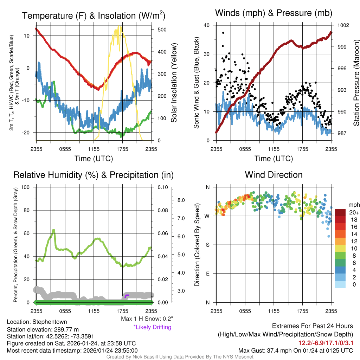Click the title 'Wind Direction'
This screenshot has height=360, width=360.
click(x=274, y=175)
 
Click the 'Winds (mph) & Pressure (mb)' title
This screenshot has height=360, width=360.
click(x=274, y=13)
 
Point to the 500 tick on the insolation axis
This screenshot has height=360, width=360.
click(x=162, y=30)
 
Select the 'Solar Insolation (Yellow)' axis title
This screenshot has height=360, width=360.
click(x=174, y=83)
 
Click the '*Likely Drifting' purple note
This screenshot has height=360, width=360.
click(x=152, y=327)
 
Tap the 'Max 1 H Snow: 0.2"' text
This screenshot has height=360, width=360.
click(x=147, y=319)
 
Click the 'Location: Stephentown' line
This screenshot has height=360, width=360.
click(x=37, y=322)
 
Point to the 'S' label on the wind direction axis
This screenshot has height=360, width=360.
click(x=207, y=245)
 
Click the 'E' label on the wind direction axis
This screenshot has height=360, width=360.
click(x=207, y=274)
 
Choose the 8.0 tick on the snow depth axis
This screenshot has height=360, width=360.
click(x=181, y=200)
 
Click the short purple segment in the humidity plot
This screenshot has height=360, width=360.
click(x=127, y=296)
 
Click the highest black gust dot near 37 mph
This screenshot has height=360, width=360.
click(x=223, y=33)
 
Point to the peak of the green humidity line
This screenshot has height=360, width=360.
click(x=53, y=230)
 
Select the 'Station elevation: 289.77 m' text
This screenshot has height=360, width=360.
click(x=40, y=329)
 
